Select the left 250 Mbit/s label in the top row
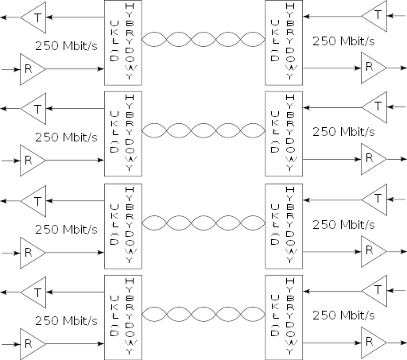pyautogui.click(x=66, y=45)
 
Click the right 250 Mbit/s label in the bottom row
pyautogui.click(x=343, y=315)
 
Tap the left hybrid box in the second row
pyautogui.click(x=123, y=134)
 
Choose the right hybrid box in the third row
pyautogui.click(x=284, y=226)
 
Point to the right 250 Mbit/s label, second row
pyautogui.click(x=343, y=132)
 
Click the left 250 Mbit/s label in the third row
pyautogui.click(x=66, y=230)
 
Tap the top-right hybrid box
pyautogui.click(x=284, y=43)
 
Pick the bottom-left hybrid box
pyautogui.click(x=123, y=317)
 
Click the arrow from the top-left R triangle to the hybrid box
pyautogui.click(x=75, y=69)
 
